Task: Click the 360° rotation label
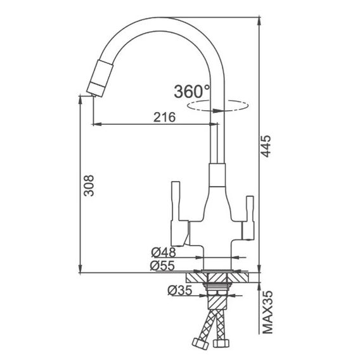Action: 192,92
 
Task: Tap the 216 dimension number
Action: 165,117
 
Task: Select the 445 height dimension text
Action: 266,146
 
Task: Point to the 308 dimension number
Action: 89,186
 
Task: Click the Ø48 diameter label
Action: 164,252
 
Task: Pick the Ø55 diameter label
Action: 162,265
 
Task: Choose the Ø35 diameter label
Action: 180,290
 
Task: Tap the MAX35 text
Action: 268,312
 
